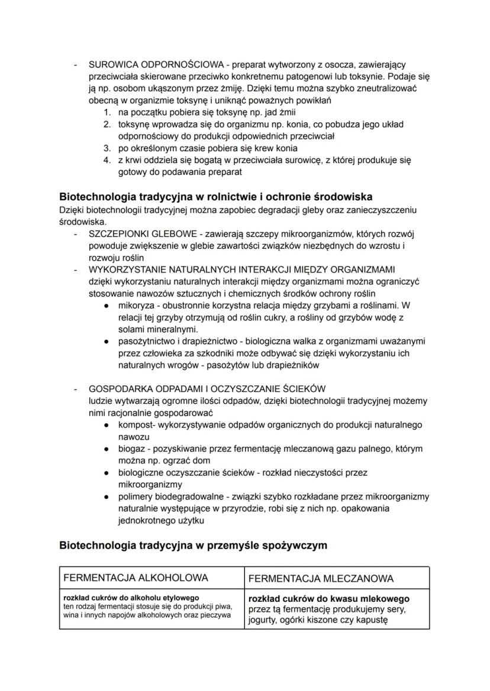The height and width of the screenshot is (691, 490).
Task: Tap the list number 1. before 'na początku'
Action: pyautogui.click(x=107, y=112)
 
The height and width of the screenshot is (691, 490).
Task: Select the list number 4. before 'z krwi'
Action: pyautogui.click(x=107, y=160)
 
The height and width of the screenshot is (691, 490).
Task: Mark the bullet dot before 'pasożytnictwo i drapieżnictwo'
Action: pyautogui.click(x=105, y=342)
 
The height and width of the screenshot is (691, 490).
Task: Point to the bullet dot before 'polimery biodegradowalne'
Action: pyautogui.click(x=105, y=497)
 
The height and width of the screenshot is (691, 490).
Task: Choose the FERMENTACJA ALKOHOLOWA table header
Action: pyautogui.click(x=136, y=578)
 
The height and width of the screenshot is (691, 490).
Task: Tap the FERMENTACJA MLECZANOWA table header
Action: pyautogui.click(x=321, y=578)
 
